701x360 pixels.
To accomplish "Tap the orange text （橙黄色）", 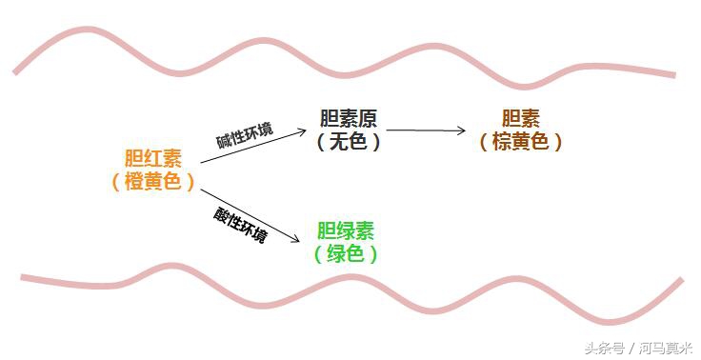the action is pos(153,181).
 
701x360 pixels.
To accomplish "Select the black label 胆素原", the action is pos(349,119).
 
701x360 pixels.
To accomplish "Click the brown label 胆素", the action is pos(521,119).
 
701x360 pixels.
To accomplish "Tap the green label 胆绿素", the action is pos(346,231).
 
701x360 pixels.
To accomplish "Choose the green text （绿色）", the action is pos(346,254).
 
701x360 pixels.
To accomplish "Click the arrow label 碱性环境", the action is pos(245,135).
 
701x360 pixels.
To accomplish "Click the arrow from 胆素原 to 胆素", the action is pos(426,130).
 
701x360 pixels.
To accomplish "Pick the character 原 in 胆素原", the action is pos(368,119).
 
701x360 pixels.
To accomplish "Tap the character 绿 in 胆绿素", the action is pos(346,231).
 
